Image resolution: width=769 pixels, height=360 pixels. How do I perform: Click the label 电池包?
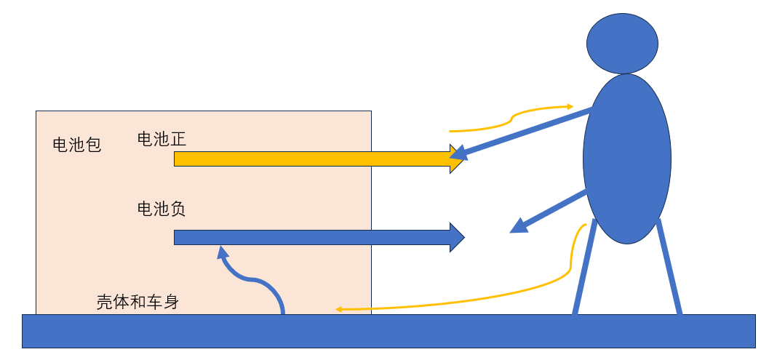pyautogui.click(x=76, y=145)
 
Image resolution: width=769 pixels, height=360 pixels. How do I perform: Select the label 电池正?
pyautogui.click(x=162, y=139)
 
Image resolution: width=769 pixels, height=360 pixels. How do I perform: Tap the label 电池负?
pyautogui.click(x=162, y=209)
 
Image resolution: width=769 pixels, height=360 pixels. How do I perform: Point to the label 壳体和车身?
pyautogui.click(x=138, y=302)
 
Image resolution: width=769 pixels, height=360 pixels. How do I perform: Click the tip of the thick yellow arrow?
pyautogui.click(x=462, y=159)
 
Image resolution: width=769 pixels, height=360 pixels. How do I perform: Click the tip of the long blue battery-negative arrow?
pyautogui.click(x=463, y=237)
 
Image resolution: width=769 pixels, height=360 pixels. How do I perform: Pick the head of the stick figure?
pyautogui.click(x=622, y=43)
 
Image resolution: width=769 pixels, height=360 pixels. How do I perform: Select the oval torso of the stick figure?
pyautogui.click(x=626, y=159)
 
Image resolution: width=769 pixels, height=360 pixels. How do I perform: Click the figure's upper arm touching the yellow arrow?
pyautogui.click(x=524, y=132)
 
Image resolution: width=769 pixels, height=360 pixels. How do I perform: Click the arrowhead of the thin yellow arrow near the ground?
pyautogui.click(x=339, y=310)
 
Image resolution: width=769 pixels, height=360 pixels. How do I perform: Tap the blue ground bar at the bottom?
pyautogui.click(x=389, y=331)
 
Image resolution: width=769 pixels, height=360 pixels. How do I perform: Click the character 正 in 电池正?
pyautogui.click(x=178, y=139)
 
